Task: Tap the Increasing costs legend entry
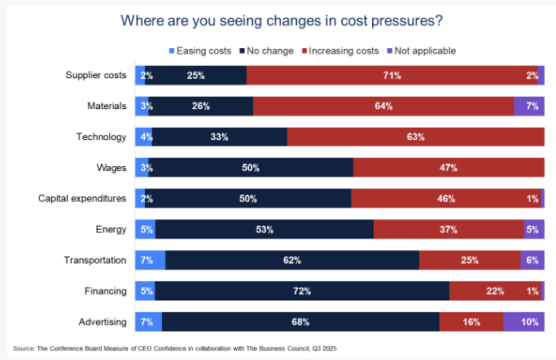[342, 50]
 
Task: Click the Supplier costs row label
[96, 75]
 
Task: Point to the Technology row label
[100, 137]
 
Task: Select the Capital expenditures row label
[83, 198]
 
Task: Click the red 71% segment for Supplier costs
[392, 75]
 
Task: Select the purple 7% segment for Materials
[529, 106]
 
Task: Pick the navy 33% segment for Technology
[219, 137]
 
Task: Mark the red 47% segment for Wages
[449, 168]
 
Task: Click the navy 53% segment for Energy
[264, 230]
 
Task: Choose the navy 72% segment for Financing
[301, 291]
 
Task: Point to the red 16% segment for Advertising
[471, 322]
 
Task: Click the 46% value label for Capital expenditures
[446, 199]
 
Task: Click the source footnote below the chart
[174, 348]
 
